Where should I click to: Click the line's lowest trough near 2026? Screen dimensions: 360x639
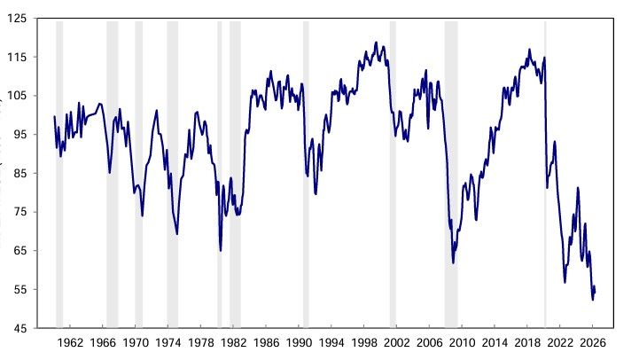coord(593,300)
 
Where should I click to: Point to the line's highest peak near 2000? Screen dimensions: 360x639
coord(376,42)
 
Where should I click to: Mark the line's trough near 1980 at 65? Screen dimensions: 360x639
coord(221,250)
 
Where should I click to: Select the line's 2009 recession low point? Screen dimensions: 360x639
coord(453,262)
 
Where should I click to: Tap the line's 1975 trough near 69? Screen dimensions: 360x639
coord(177,234)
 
